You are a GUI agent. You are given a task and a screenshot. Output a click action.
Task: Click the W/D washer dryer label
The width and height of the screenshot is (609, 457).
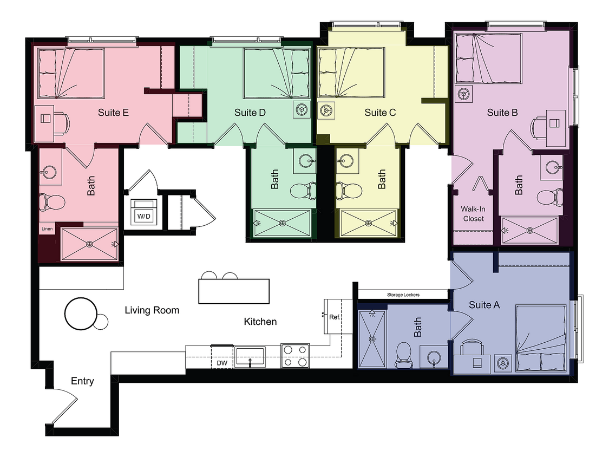coord(144,216)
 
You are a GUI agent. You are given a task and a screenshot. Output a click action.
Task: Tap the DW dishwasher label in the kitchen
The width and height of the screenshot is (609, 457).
coord(222,363)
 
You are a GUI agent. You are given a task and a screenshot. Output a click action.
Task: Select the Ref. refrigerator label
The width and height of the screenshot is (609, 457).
coord(334,316)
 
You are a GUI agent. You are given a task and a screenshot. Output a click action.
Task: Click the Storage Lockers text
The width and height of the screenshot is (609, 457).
coord(403,295)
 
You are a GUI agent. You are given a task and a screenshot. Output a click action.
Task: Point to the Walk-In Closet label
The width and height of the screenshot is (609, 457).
coord(473,214)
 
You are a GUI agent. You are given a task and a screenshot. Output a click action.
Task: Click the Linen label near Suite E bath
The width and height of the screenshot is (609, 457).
coord(47,229)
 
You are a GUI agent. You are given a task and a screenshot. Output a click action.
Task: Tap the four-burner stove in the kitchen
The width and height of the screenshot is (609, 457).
coord(295,356)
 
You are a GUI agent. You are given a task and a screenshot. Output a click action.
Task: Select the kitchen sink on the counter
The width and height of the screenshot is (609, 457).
coord(250,356)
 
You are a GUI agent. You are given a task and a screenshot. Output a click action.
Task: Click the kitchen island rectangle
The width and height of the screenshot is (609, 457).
coord(234,291)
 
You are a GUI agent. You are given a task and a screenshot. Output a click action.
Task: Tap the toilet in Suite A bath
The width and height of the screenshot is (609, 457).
coord(404,354)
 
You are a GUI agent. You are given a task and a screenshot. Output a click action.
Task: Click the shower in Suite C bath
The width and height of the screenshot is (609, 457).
coord(369,223)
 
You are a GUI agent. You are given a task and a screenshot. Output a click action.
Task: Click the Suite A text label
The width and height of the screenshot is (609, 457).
coord(484,305)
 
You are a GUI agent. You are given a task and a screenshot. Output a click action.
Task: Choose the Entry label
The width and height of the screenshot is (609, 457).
coord(82,381)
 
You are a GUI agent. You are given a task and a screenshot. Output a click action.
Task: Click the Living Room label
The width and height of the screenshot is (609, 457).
coord(152,310)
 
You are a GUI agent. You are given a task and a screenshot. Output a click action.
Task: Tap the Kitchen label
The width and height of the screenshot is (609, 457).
coord(260,322)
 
